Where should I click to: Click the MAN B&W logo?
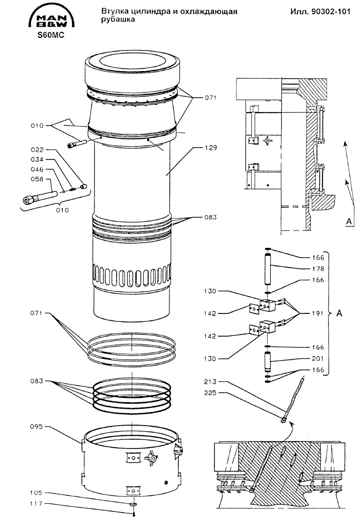pyautogui.click(x=51, y=17)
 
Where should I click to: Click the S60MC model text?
pyautogui.click(x=51, y=35)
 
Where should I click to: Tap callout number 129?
pyautogui.click(x=211, y=148)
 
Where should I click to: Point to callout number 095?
pyautogui.click(x=37, y=427)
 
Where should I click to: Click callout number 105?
pyautogui.click(x=37, y=493)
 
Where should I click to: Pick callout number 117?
pyautogui.click(x=37, y=504)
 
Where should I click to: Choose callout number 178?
pyautogui.click(x=318, y=268)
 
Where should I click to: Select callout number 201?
pyautogui.click(x=318, y=359)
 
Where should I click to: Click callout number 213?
pyautogui.click(x=210, y=382)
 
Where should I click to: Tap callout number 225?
pyautogui.click(x=210, y=393)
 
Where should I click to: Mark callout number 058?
pyautogui.click(x=37, y=179)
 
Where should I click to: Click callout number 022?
pyautogui.click(x=37, y=150)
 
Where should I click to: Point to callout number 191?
pyautogui.click(x=318, y=313)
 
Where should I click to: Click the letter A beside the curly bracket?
pyautogui.click(x=339, y=313)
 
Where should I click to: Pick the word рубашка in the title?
pyautogui.click(x=118, y=20)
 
